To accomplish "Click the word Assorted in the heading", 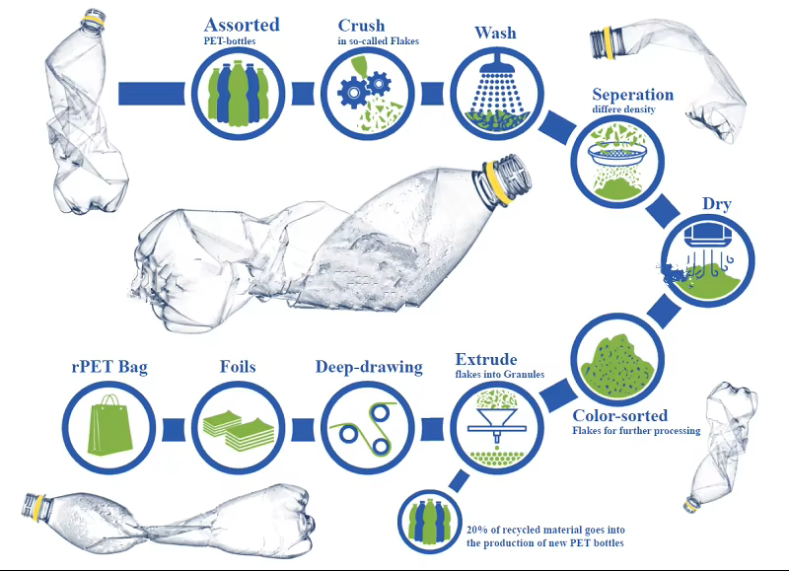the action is (x=242, y=25).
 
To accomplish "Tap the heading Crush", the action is (x=361, y=26).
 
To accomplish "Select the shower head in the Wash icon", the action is (x=496, y=63).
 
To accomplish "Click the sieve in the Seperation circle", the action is (x=617, y=154).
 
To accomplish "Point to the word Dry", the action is (x=717, y=204).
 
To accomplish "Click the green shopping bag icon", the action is (x=109, y=426).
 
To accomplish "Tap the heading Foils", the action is (x=238, y=366).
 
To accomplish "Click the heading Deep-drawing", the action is (x=369, y=367).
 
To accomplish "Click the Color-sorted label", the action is (x=620, y=415).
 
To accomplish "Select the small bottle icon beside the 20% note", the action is (x=429, y=521).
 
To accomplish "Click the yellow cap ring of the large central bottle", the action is (x=497, y=182).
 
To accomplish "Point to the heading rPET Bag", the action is (x=109, y=366).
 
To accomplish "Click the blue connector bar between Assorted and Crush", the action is (x=303, y=94).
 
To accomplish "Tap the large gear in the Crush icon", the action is (x=353, y=93).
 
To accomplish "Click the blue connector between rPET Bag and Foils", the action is (x=174, y=431).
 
